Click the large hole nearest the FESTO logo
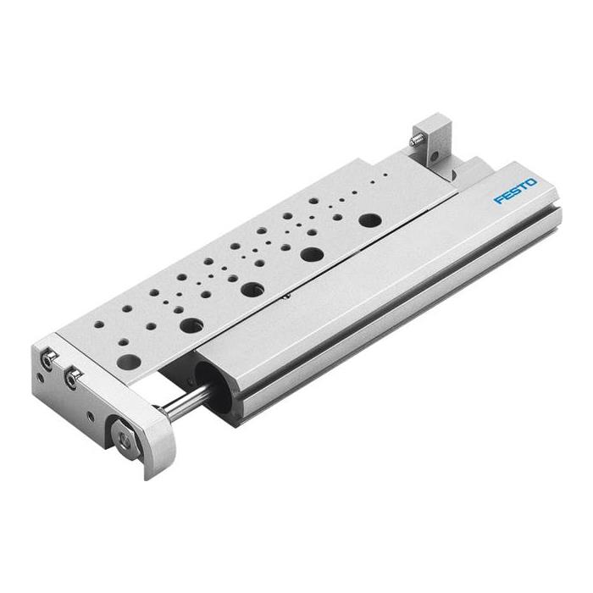[369, 220]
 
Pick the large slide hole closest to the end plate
[128, 362]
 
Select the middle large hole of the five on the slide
[252, 289]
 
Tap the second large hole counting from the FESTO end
[312, 253]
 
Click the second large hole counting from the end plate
[191, 324]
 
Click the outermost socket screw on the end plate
[50, 359]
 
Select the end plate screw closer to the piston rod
[72, 380]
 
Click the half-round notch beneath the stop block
[455, 175]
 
